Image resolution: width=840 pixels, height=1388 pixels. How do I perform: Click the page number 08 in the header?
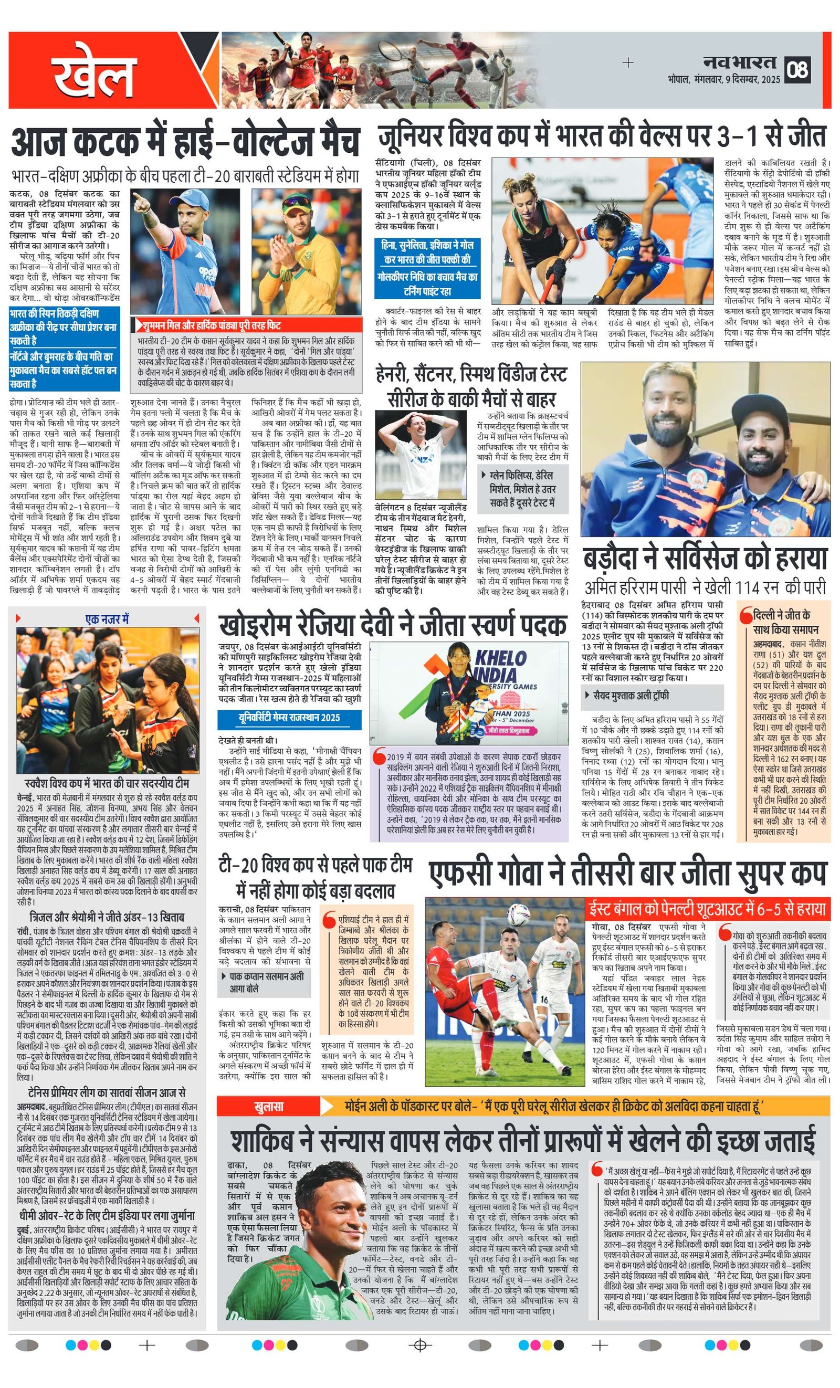(799, 69)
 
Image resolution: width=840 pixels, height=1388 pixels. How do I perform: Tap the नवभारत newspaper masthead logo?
(739, 62)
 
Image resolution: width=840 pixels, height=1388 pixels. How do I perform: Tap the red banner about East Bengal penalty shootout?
(707, 908)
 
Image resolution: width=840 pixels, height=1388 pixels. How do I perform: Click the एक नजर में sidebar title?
(107, 619)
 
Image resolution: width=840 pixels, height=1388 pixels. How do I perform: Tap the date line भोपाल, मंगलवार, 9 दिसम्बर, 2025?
(724, 79)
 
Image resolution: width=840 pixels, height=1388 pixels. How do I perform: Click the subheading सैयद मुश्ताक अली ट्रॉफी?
(631, 696)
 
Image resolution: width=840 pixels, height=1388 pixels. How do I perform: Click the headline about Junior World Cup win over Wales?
(602, 136)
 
